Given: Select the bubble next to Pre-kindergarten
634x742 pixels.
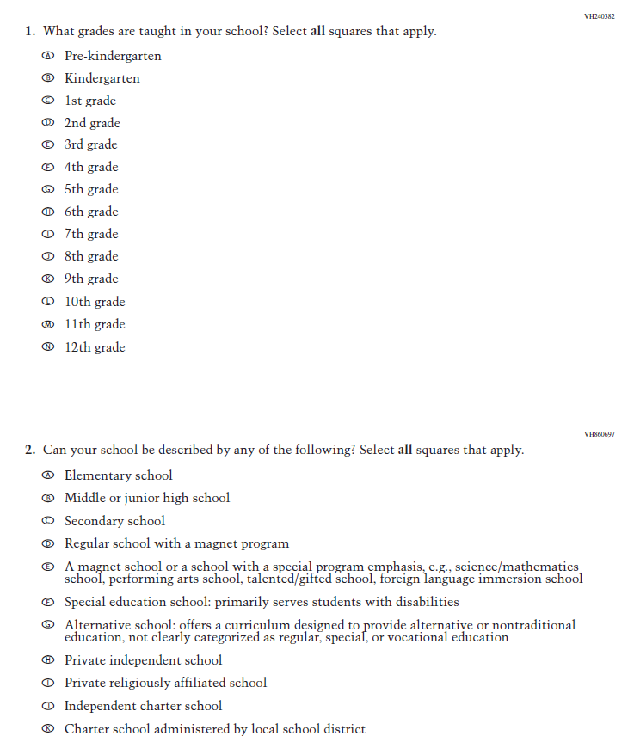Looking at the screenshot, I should (x=48, y=57).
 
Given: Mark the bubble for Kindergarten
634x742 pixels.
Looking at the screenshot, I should (x=48, y=79).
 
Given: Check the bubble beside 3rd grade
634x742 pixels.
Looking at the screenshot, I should (x=48, y=145).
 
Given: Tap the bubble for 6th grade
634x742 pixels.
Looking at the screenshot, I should (x=48, y=212).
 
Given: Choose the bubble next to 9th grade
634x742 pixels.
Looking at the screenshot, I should (x=48, y=279).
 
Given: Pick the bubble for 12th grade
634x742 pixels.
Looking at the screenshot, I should (x=48, y=348).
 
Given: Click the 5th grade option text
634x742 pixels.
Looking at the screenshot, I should (x=91, y=190).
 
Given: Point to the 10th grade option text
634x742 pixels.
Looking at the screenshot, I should (x=95, y=303).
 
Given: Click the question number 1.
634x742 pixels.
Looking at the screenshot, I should (x=29, y=32).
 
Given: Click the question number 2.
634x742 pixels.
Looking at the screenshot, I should (x=29, y=451).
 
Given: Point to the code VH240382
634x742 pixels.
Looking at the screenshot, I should (x=600, y=16).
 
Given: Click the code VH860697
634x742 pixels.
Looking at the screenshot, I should (x=600, y=434).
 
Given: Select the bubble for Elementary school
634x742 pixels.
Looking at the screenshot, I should (x=48, y=476).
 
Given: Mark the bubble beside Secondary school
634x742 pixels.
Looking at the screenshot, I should (x=48, y=522).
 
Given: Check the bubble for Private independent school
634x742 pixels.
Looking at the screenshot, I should (x=48, y=661).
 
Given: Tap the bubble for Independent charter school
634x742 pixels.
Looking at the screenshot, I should (x=48, y=707).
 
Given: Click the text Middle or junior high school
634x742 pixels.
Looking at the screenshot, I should (x=147, y=499).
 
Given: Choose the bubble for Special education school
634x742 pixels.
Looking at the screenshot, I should (x=48, y=603).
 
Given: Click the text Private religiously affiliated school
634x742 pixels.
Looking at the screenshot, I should (x=165, y=684).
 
